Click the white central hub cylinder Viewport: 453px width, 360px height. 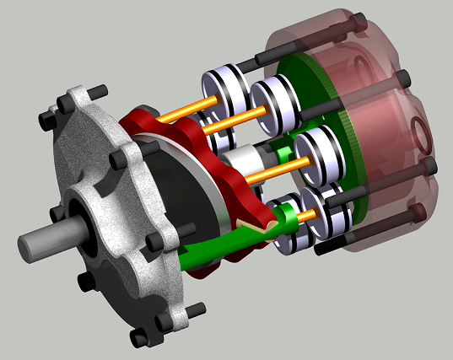click(245, 162)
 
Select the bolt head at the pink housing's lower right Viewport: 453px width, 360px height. click(417, 211)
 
